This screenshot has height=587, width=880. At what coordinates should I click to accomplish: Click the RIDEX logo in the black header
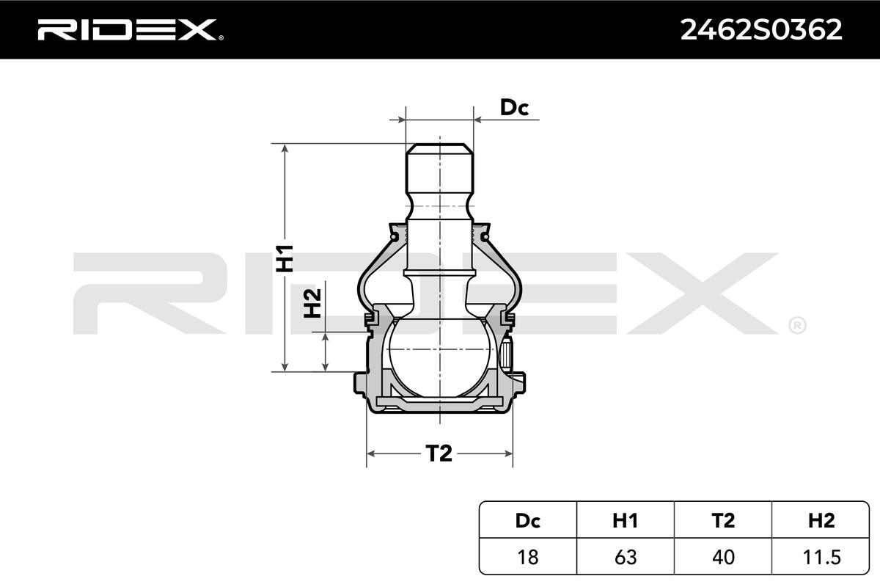pos(131,29)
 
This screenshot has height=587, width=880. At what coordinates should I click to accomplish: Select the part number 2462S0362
pos(761,30)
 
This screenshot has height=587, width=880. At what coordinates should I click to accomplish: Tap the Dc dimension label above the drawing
pos(514,107)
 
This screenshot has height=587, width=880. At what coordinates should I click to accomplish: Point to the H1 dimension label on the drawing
pos(285,258)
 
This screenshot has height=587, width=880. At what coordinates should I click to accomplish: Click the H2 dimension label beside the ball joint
pos(312,303)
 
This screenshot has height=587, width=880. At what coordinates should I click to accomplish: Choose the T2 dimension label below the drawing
pos(439,453)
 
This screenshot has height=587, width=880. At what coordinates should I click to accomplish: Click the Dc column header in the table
pos(527,520)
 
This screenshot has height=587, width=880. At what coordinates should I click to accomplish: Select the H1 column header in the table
pos(625,520)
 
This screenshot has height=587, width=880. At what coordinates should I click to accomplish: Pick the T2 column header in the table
pos(723,520)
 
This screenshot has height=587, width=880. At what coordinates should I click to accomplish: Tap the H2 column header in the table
pos(821,520)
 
